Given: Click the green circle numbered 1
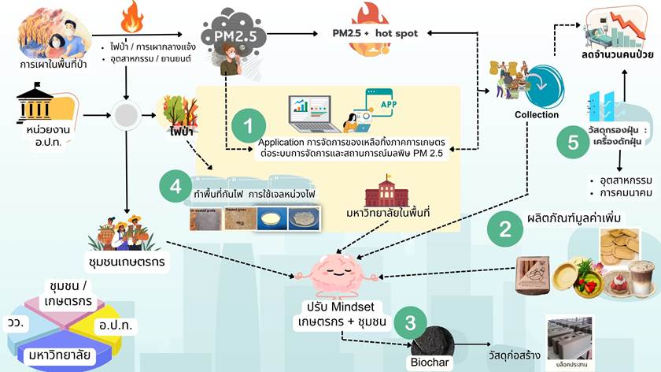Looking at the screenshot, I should [249, 125].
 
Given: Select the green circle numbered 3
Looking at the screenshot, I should [409, 322].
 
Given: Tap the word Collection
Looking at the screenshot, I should [537, 114].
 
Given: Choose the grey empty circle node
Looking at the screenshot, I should [126, 116].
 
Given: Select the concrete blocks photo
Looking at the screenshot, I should [574, 337].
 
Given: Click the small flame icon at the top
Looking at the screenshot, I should [131, 17].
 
